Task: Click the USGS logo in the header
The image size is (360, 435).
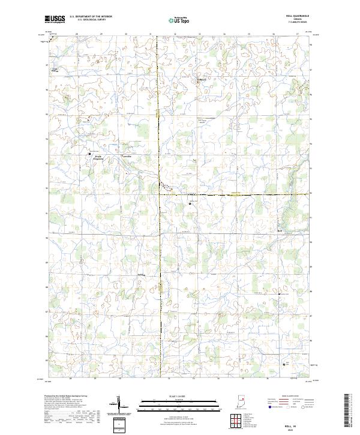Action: click(55, 19)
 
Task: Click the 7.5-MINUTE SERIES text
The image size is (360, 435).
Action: click(300, 22)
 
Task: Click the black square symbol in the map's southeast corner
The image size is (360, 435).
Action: click(284, 364)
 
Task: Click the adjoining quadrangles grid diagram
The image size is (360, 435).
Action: click(233, 419)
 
